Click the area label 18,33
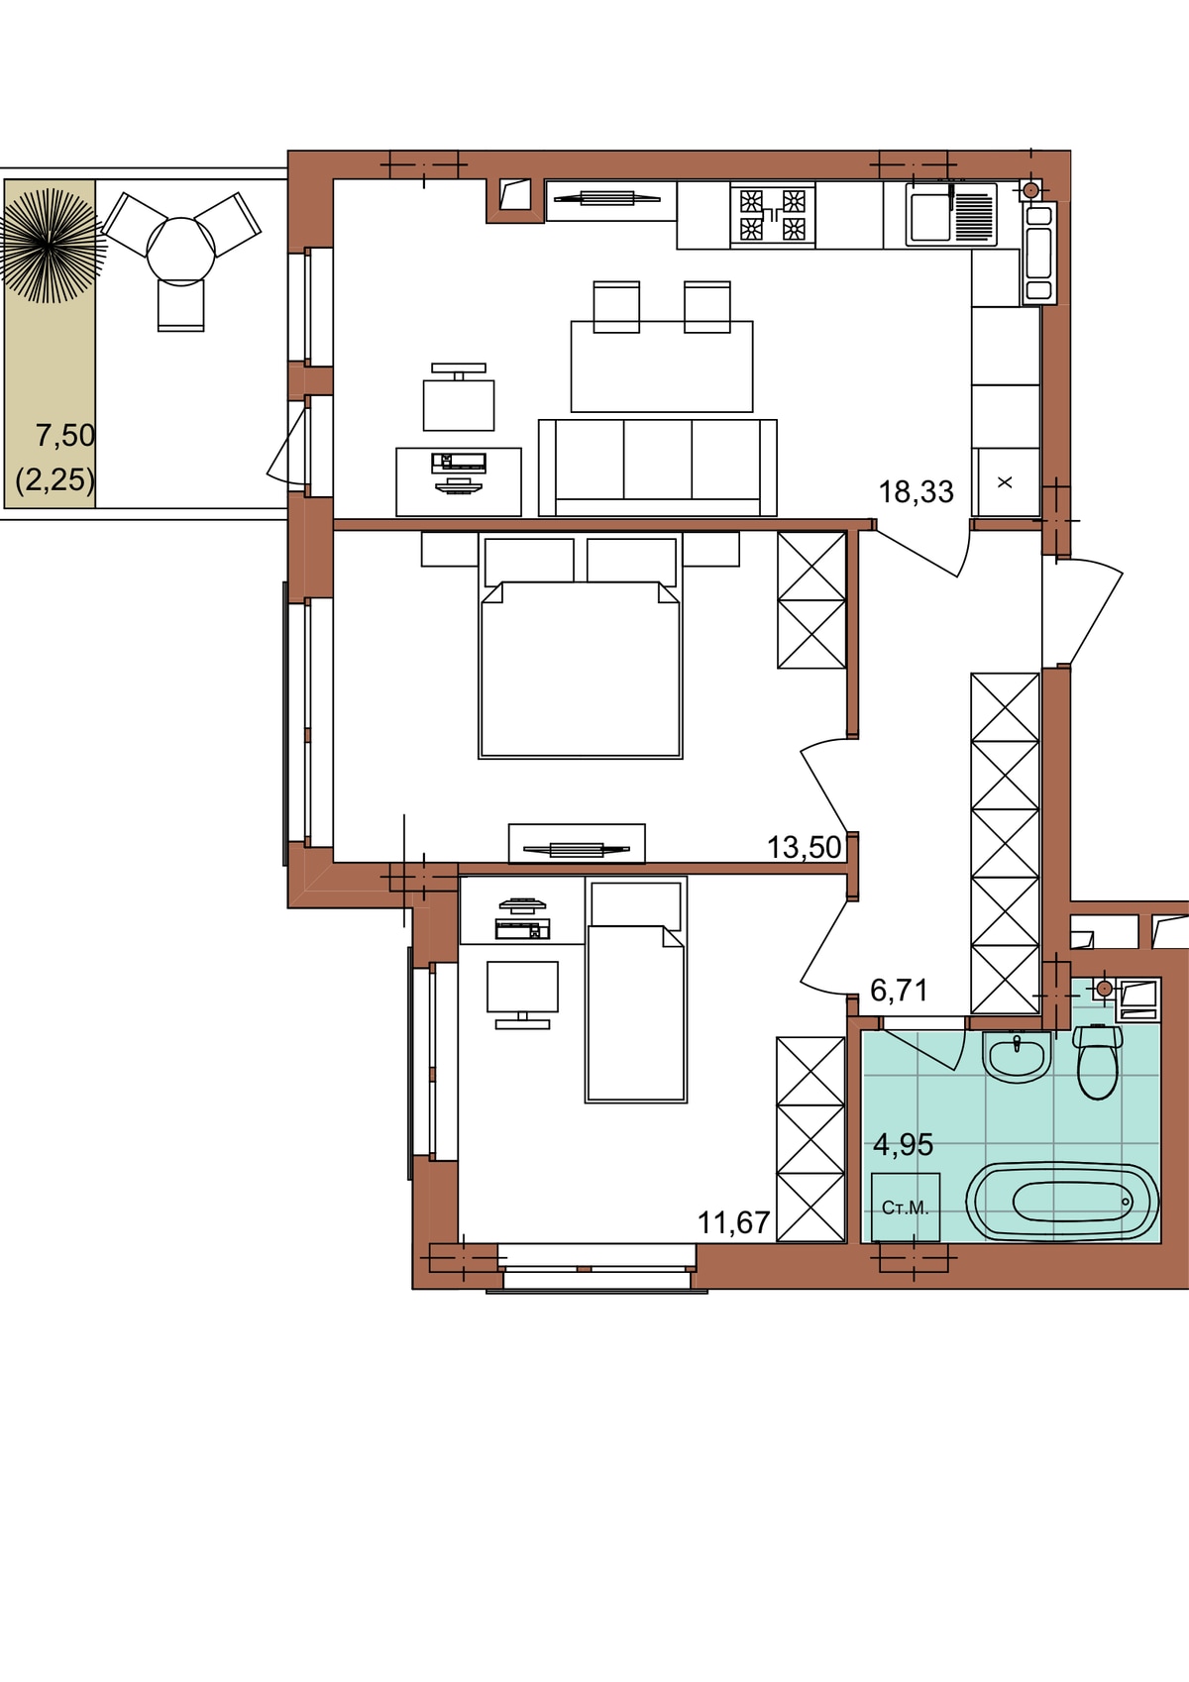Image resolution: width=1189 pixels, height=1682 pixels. pos(916,492)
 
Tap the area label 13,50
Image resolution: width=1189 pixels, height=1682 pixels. pos(804,848)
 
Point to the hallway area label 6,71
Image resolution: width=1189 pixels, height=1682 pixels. pos(899,991)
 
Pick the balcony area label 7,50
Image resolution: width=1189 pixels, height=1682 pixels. pos(65,436)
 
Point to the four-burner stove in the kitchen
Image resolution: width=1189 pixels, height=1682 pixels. pos(772,215)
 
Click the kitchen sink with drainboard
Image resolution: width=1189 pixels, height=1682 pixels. pos(951,215)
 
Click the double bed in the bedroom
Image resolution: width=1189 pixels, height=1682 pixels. pos(580,646)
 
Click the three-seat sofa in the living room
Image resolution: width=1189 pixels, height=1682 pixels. pos(658,468)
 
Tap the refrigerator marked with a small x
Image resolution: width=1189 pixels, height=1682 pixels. pos(1005,482)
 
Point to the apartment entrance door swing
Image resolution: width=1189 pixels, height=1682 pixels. pos(1093,610)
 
